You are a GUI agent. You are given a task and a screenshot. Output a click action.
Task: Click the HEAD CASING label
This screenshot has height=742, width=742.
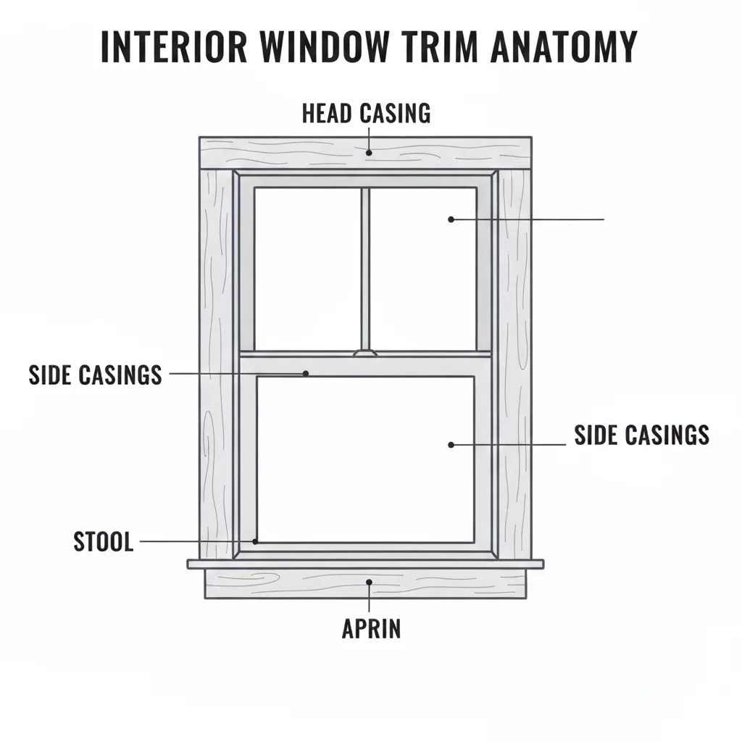(x=366, y=113)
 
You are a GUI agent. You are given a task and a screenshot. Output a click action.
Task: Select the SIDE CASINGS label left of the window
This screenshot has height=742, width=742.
(x=95, y=375)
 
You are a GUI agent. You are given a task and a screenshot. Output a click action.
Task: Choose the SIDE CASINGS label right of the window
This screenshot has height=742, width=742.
(x=641, y=435)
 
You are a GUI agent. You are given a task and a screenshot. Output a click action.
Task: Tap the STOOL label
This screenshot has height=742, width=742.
(x=104, y=542)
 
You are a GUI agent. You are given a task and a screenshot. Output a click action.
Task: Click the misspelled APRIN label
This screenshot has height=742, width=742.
(x=370, y=628)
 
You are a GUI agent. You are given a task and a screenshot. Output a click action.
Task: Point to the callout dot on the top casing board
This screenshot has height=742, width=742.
(x=369, y=153)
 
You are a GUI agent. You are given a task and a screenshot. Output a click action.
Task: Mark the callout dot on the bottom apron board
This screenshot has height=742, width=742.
(x=370, y=581)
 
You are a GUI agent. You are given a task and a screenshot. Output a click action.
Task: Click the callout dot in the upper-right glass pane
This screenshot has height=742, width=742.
(x=451, y=219)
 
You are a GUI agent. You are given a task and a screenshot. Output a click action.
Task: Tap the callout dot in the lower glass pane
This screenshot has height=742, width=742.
(x=451, y=444)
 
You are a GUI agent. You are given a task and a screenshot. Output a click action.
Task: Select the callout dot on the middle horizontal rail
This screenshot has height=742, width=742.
(x=306, y=374)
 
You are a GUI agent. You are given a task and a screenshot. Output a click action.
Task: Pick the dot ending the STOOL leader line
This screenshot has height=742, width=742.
(x=255, y=541)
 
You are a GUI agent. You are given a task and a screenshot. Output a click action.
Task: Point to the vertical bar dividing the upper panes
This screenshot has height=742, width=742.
(x=364, y=268)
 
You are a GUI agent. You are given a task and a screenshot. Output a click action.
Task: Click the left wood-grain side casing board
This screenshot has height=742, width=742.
(x=215, y=362)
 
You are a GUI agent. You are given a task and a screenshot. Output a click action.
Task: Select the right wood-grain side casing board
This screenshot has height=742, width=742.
(x=514, y=362)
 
